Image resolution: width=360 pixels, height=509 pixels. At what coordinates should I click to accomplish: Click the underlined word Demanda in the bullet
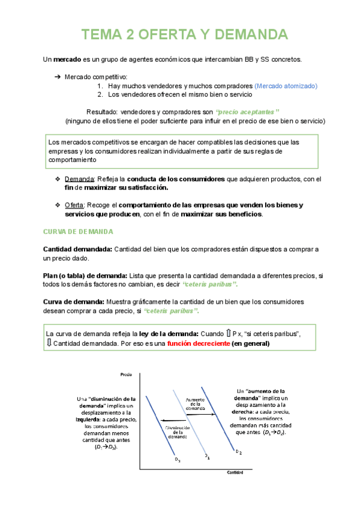pyautogui.click(x=79, y=179)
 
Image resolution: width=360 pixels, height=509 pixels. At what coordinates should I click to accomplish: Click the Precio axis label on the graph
pyautogui.click(x=126, y=375)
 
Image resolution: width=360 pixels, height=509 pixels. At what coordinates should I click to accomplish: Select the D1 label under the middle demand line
pyautogui.click(x=207, y=456)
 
